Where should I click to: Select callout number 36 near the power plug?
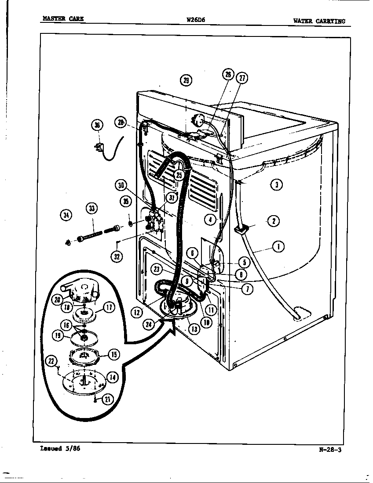tap(97, 125)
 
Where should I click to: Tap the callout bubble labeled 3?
tap(276, 184)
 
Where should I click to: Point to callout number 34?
tap(66, 215)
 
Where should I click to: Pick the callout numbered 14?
tap(113, 377)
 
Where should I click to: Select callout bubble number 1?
tap(278, 247)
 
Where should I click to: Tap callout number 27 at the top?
tap(242, 78)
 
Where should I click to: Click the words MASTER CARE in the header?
tap(62, 19)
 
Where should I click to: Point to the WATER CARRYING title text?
tap(319, 21)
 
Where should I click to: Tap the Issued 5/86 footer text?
tap(60, 449)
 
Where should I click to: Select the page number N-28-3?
tap(330, 449)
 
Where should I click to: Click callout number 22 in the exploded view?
tap(52, 361)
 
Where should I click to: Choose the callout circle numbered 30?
tap(121, 185)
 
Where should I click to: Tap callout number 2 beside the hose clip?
tap(273, 221)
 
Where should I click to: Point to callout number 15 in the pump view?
tap(113, 354)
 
